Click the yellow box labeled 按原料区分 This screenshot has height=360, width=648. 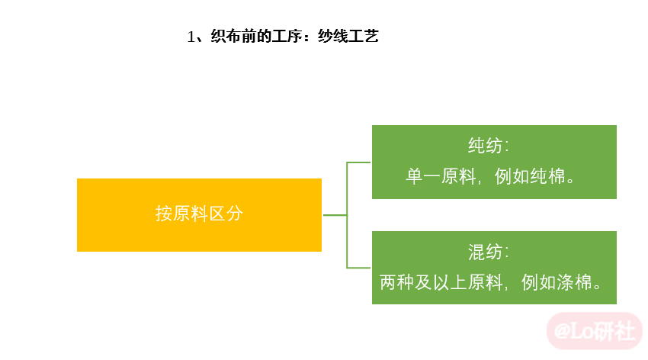click(x=199, y=215)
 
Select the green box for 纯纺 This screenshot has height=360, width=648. click(x=494, y=162)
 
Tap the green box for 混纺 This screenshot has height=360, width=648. click(x=494, y=268)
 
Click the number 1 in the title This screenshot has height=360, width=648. click(x=191, y=37)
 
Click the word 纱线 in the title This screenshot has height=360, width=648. click(x=332, y=37)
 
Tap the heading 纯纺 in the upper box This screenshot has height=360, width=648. click(x=485, y=146)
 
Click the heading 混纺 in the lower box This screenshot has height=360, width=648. click(x=485, y=252)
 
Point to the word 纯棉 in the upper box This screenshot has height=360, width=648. click(x=547, y=176)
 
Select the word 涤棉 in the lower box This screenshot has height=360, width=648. click(x=574, y=283)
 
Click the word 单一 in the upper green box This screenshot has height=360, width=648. click(x=423, y=176)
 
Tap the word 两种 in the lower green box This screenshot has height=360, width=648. click(x=396, y=283)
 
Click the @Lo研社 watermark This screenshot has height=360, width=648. click(x=595, y=332)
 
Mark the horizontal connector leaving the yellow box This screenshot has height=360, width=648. click(x=335, y=215)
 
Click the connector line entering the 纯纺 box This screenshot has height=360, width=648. click(x=359, y=162)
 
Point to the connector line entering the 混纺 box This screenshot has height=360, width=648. click(x=359, y=268)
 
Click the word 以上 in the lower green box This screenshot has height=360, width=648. click(x=450, y=283)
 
